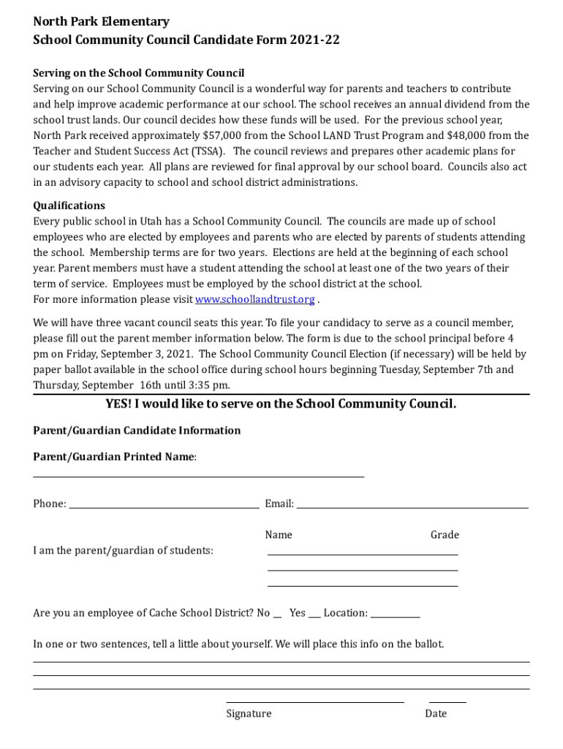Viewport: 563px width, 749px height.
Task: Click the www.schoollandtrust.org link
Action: pos(254,299)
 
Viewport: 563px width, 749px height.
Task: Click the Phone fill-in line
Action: pos(164,505)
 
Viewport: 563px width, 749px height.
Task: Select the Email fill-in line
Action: pos(412,505)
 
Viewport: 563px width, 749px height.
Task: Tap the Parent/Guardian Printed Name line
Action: pos(198,476)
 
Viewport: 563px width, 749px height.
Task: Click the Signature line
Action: pos(314,701)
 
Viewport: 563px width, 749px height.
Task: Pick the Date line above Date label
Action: pos(447,701)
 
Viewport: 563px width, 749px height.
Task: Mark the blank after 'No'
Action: pos(277,616)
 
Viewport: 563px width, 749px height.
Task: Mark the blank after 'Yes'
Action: pos(314,616)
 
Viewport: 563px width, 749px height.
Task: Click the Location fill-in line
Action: pos(395,616)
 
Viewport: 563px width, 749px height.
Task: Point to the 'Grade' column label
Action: pos(445,535)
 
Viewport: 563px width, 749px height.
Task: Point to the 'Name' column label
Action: pos(279,535)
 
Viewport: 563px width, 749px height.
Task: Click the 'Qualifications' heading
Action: pos(69,206)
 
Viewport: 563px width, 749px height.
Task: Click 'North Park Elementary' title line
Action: pos(101,22)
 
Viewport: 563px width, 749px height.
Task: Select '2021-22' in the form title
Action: pos(314,39)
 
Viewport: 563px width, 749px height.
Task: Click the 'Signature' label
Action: pos(249,713)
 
